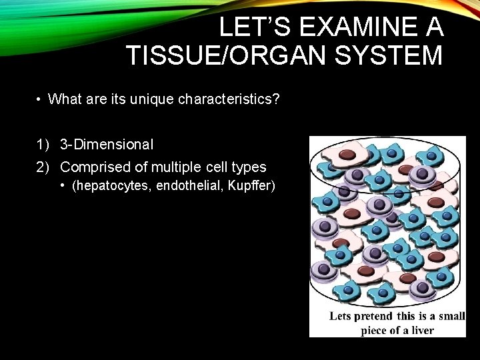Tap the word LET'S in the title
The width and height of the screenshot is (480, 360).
[x=254, y=27]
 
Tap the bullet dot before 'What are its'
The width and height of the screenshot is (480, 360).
[x=40, y=100]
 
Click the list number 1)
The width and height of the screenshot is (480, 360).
[x=44, y=144]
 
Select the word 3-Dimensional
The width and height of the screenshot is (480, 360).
[x=107, y=144]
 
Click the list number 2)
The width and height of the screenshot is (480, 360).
[x=44, y=167]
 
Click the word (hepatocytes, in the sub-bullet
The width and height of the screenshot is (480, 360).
[x=111, y=186]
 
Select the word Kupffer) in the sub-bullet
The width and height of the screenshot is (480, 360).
[x=251, y=186]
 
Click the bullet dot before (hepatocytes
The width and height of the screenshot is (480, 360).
[x=63, y=186]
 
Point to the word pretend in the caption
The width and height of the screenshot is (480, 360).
[x=372, y=316]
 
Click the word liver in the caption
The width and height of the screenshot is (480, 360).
[x=421, y=331]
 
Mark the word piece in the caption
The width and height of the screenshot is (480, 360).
[x=375, y=331]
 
